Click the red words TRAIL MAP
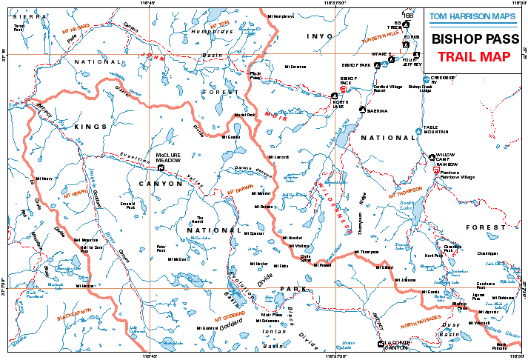(473, 56)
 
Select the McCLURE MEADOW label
(168, 158)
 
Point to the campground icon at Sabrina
(362, 110)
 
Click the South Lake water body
(407, 207)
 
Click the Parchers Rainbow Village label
(457, 174)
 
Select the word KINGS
(90, 127)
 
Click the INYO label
(320, 36)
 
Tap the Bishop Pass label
(459, 305)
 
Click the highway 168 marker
(408, 15)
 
